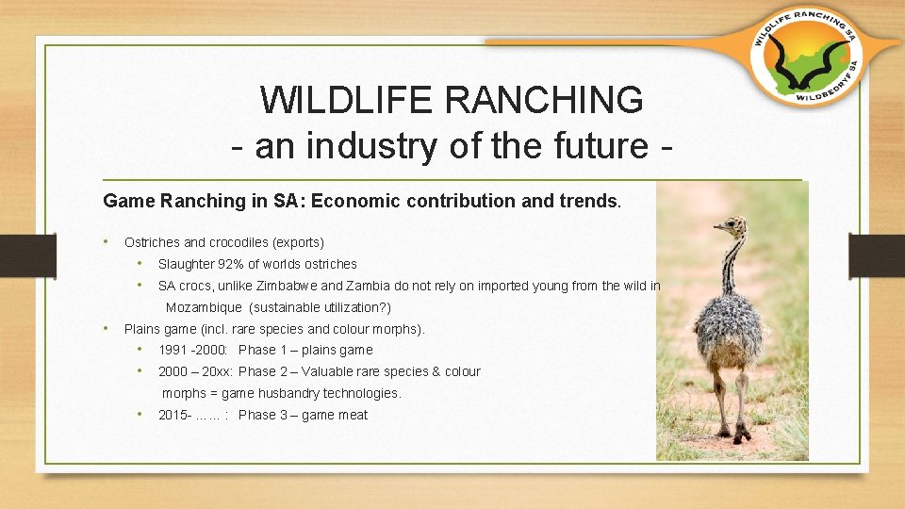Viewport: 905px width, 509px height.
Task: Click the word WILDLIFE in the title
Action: (x=346, y=100)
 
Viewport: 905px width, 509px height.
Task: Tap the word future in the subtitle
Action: (x=601, y=145)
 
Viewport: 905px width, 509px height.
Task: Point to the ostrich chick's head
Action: (x=732, y=225)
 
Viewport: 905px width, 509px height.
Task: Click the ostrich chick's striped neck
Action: (x=732, y=266)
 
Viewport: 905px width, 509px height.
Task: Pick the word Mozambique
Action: (x=204, y=307)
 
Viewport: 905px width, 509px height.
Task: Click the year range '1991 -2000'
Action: (x=192, y=350)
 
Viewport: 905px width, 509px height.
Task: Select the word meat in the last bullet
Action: (x=353, y=415)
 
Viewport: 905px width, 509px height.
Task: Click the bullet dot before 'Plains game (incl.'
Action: (x=107, y=328)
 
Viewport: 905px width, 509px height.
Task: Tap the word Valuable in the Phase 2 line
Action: (x=324, y=371)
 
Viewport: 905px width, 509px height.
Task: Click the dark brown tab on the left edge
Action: (x=27, y=255)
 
